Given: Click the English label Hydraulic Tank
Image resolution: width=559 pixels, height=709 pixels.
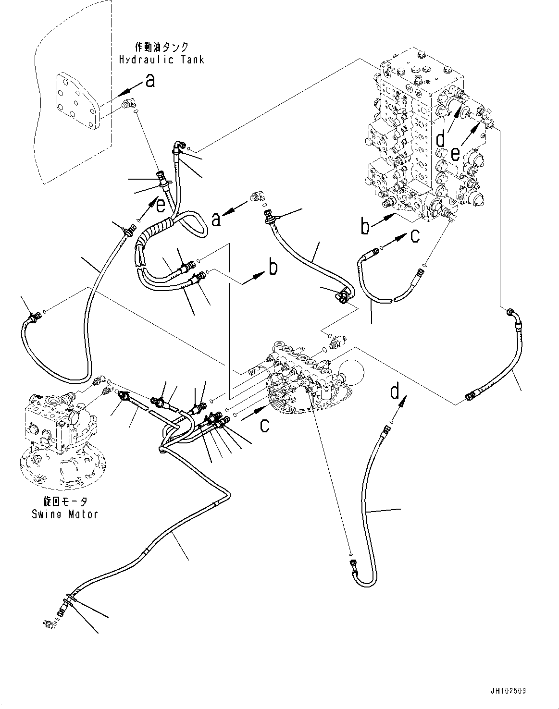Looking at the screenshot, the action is (x=161, y=60).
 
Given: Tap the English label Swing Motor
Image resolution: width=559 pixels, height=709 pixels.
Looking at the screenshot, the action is (x=64, y=514).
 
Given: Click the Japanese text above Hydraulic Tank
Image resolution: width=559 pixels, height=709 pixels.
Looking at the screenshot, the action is (x=162, y=47).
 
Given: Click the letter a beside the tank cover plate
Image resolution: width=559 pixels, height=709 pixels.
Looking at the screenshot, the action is (x=150, y=81).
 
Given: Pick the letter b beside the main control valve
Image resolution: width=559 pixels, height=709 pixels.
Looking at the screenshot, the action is (x=365, y=227).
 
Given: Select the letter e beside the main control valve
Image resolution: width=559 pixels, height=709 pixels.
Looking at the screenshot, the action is (x=455, y=154).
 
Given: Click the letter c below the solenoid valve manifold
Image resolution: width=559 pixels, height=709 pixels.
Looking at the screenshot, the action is (x=265, y=425).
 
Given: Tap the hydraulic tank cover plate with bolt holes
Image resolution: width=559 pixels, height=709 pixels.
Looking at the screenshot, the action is (x=78, y=101).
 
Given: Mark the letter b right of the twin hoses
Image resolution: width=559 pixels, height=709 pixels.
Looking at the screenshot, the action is (x=273, y=268).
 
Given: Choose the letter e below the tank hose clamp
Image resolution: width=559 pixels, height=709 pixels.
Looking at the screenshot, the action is (x=160, y=206).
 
